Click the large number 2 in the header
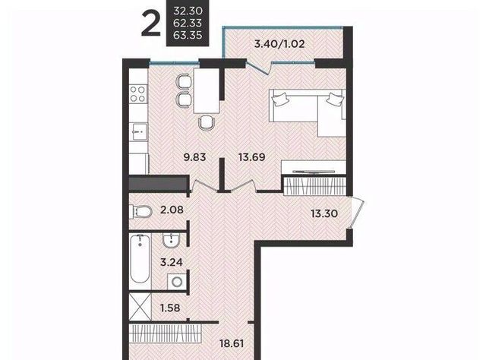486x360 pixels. [151, 24]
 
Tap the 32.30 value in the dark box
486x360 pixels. [188, 11]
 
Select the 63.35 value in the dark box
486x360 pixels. [188, 35]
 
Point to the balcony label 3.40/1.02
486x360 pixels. [279, 44]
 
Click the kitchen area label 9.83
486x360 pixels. [194, 157]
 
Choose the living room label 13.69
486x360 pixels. [251, 157]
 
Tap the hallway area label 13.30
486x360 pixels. [324, 213]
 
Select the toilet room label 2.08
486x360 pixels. [172, 210]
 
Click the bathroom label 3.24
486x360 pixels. [172, 262]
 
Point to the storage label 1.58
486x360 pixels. [170, 308]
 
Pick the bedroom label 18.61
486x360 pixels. [232, 343]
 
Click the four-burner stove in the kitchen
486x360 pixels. [138, 93]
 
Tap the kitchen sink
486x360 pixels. [138, 132]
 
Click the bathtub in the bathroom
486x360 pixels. [140, 258]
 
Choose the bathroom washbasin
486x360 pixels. [172, 241]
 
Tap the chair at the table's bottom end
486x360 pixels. [207, 122]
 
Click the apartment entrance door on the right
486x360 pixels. [356, 213]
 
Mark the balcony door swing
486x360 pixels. [258, 68]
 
